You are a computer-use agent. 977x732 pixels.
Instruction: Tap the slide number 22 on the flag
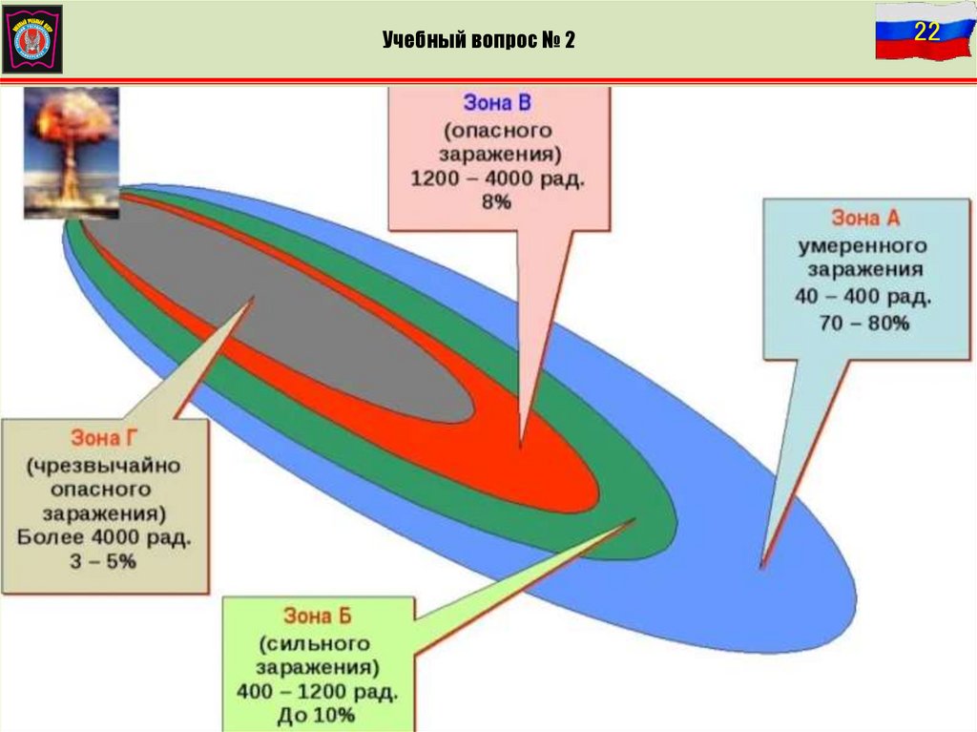tap(926, 31)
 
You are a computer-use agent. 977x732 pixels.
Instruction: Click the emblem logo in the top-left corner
tap(32, 38)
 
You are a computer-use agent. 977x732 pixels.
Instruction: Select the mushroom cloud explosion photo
tap(72, 151)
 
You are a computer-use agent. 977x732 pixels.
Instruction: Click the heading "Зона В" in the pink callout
tap(497, 103)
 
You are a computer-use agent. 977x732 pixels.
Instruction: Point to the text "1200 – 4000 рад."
tap(497, 178)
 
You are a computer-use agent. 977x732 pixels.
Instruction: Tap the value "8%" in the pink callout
tap(497, 202)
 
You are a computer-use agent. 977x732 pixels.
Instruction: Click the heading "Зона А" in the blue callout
tap(865, 219)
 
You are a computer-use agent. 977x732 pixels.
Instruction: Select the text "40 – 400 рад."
tap(863, 297)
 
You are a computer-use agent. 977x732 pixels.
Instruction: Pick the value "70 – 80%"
tap(863, 324)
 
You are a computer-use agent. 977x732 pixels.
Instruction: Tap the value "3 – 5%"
tap(106, 562)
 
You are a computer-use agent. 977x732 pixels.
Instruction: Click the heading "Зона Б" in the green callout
tap(319, 614)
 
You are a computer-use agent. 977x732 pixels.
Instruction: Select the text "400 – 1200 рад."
tap(321, 690)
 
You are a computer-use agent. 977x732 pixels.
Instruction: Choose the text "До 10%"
tap(321, 715)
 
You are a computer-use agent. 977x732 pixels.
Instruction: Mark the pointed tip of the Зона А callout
tap(762, 567)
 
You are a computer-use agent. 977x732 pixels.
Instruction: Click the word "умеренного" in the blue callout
tap(863, 246)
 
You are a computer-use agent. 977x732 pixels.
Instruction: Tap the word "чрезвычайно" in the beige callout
tap(105, 465)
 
